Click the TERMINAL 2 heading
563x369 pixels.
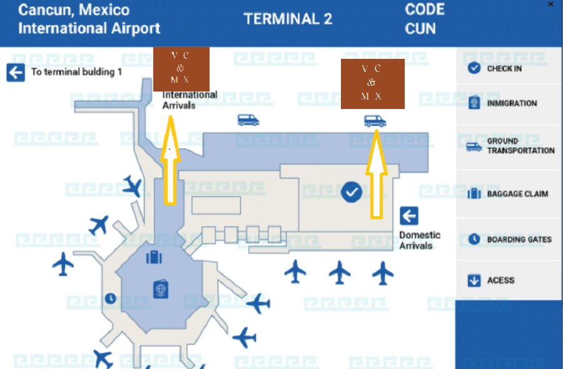(288, 19)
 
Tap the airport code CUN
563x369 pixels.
(420, 28)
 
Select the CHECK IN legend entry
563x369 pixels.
(504, 68)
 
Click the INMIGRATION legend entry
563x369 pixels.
(511, 103)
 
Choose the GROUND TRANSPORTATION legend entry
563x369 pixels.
(520, 146)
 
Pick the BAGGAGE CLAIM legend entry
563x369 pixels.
(517, 194)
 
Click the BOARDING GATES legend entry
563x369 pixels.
(519, 239)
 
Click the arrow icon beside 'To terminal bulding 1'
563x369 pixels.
(16, 72)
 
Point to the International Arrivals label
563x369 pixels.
(190, 100)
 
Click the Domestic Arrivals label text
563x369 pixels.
(420, 241)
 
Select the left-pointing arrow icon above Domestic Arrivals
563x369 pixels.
(409, 216)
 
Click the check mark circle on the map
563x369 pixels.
(352, 192)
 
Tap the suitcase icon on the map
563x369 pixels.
(154, 257)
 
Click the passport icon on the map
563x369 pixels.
(162, 289)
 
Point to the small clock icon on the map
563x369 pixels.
(111, 298)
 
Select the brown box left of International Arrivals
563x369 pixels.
(180, 68)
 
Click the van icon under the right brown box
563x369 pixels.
(375, 121)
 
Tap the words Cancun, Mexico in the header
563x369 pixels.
(74, 10)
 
